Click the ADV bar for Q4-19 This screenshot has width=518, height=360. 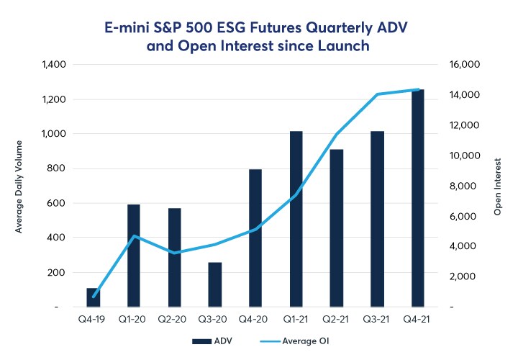point(94,297)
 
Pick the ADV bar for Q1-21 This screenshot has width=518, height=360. point(296,219)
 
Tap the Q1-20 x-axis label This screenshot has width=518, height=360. point(134,318)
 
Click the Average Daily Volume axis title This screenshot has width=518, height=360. point(19,186)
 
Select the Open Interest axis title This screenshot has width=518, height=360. point(497,186)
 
